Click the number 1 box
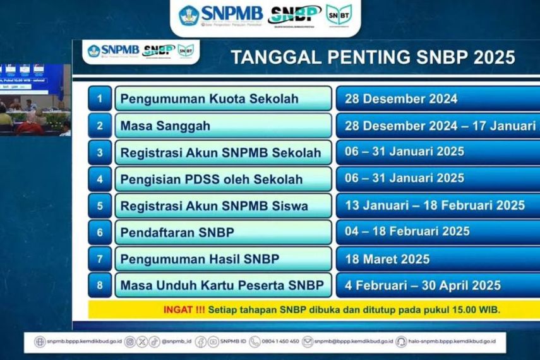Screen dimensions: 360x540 coord(100,99)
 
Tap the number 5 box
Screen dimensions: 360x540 coord(100,205)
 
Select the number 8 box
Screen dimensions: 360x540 coord(100,285)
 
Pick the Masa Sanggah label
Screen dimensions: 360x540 coord(165,126)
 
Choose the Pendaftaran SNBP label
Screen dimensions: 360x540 coord(177,232)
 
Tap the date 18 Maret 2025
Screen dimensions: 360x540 coord(387,259)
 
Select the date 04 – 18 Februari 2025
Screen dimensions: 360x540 coord(407,232)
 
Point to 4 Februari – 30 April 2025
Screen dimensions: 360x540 coord(423,285)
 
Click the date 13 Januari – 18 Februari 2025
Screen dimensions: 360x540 coord(435,205)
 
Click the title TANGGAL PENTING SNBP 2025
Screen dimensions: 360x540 coord(373,57)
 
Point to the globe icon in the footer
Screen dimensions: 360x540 coord(40,342)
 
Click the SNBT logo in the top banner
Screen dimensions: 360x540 coord(339,14)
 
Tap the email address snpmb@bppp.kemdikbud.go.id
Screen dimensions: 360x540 coord(350,342)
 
